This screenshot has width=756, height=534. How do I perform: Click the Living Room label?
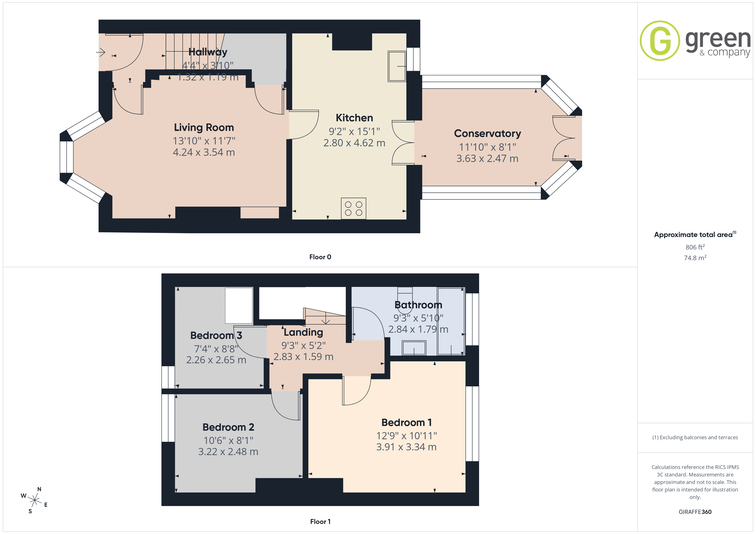[204, 127]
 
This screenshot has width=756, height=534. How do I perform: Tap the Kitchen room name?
[354, 118]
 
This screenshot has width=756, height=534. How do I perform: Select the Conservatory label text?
[487, 133]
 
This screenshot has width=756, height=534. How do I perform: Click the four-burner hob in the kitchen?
[354, 208]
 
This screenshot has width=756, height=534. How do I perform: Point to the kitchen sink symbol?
[397, 66]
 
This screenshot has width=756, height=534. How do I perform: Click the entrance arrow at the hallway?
[100, 52]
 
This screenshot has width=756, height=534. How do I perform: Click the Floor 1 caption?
[320, 522]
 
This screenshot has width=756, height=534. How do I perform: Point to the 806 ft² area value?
[695, 247]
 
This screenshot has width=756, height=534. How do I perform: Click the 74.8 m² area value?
[695, 258]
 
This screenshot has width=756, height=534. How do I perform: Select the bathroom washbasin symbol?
[414, 348]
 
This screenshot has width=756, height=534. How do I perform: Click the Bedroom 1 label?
[406, 423]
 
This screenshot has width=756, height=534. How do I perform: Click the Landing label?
[303, 332]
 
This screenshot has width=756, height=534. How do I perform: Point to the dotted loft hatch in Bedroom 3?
[239, 306]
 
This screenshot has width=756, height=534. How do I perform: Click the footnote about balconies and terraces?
[695, 437]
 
